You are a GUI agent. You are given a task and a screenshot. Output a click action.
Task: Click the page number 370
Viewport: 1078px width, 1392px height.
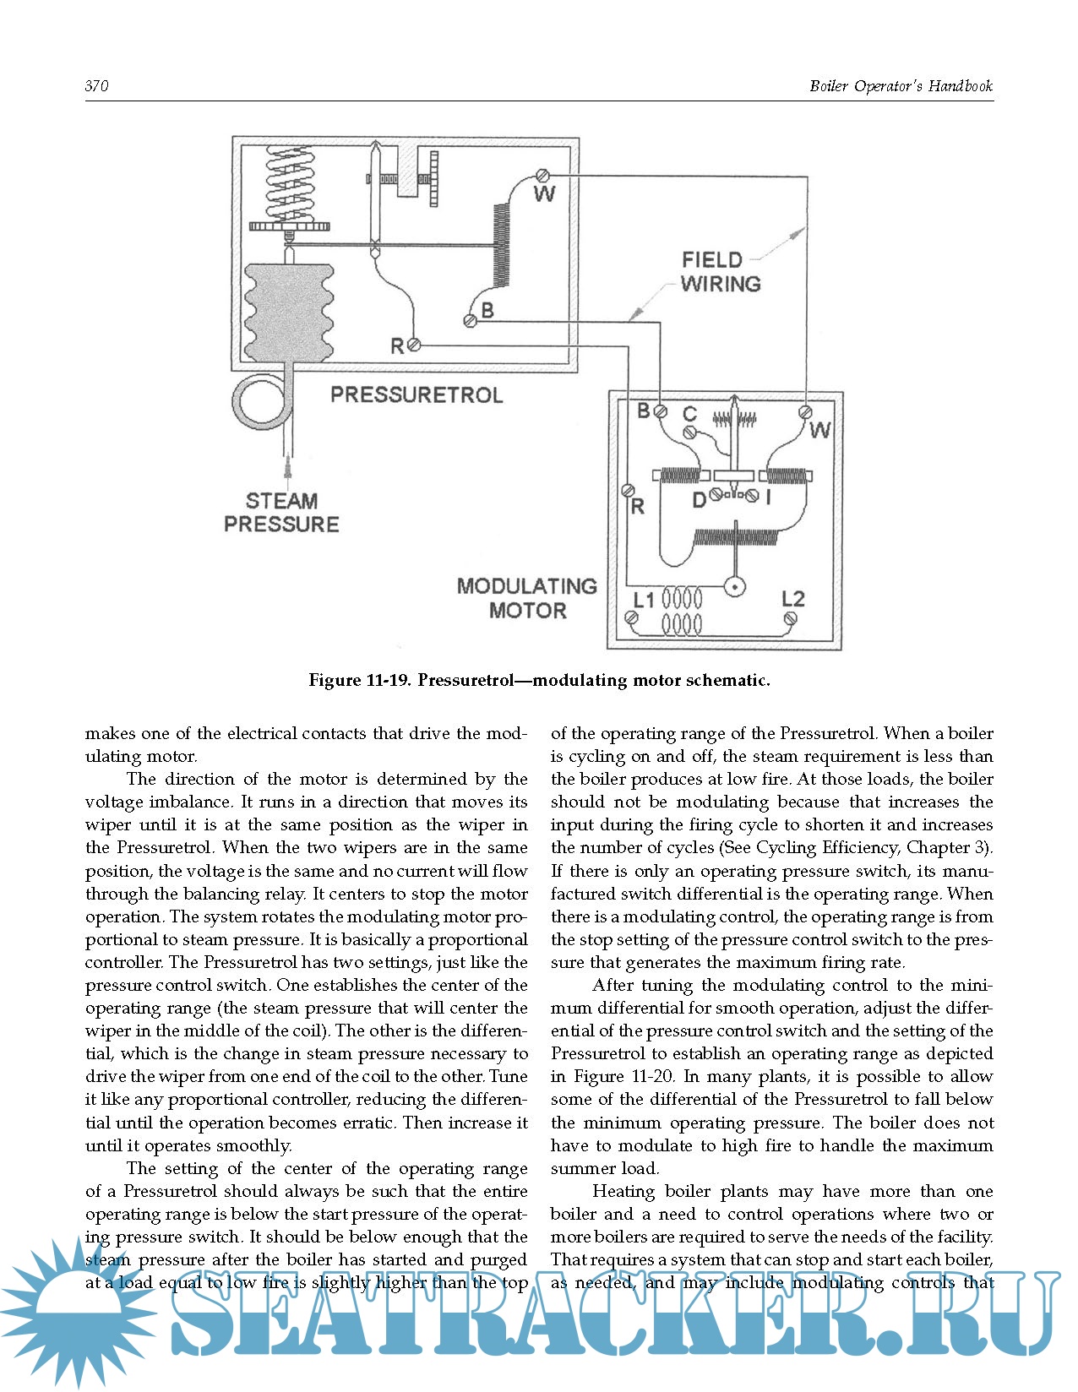(96, 86)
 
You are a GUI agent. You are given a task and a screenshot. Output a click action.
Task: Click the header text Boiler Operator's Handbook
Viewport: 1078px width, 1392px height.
(901, 86)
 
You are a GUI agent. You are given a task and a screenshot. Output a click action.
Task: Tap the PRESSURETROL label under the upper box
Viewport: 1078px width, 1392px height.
(416, 394)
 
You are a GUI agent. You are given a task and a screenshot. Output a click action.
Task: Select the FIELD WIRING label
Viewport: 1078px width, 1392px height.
(721, 272)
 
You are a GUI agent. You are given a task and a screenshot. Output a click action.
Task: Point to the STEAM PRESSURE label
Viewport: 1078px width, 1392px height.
(281, 513)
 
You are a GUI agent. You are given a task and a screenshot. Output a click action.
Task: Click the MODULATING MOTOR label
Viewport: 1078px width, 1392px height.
(527, 598)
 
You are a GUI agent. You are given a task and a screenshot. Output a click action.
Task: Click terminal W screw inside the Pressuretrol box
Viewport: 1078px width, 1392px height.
(544, 176)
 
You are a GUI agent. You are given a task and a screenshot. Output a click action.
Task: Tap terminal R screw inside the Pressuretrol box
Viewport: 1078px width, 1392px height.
(413, 345)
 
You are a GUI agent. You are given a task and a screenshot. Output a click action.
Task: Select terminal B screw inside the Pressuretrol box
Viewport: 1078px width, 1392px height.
(471, 320)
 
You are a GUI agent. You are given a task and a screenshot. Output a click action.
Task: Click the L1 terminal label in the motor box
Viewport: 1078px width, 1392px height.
(644, 601)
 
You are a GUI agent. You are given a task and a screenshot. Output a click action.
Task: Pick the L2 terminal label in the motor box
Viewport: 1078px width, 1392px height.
(792, 599)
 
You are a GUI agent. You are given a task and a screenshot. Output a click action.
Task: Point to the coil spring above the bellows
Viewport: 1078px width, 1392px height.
(290, 182)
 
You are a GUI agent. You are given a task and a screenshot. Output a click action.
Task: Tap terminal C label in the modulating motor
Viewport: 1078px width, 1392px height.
(689, 413)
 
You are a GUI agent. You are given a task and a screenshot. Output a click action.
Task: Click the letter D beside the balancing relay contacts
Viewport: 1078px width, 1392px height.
(699, 500)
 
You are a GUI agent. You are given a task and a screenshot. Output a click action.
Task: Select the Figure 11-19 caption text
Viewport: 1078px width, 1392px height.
(539, 680)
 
